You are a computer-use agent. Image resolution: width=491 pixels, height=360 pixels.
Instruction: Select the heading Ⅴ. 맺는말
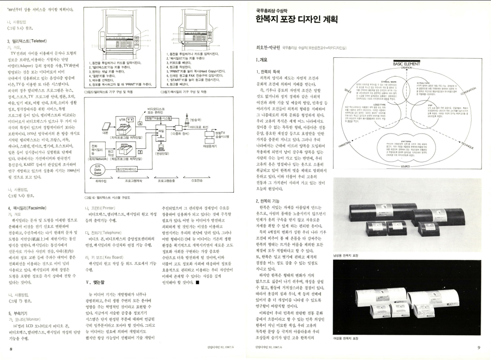point(97,279)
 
